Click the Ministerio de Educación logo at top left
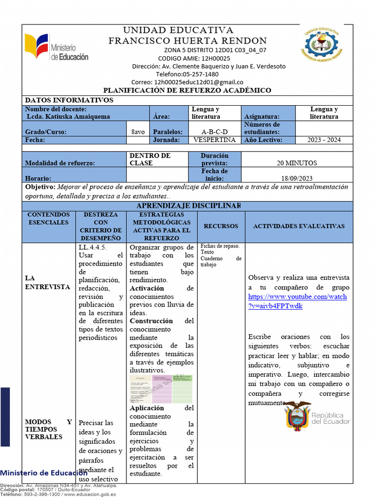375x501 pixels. coord(57,47)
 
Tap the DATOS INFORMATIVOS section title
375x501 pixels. coord(69,100)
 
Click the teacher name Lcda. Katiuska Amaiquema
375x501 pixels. coord(68,116)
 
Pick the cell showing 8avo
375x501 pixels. coord(138,132)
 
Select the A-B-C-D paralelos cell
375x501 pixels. coord(214,132)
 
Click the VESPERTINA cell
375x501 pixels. coord(214,140)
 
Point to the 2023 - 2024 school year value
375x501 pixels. coord(324,140)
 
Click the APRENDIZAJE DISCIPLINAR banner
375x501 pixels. coord(188,205)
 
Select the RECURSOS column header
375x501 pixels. coord(221,226)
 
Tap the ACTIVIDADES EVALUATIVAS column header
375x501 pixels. coord(299,226)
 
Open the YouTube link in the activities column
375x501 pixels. coord(297,301)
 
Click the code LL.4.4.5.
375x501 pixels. coord(93,247)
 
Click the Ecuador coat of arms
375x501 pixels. coord(297,416)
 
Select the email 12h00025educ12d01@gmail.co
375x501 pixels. coord(198,82)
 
